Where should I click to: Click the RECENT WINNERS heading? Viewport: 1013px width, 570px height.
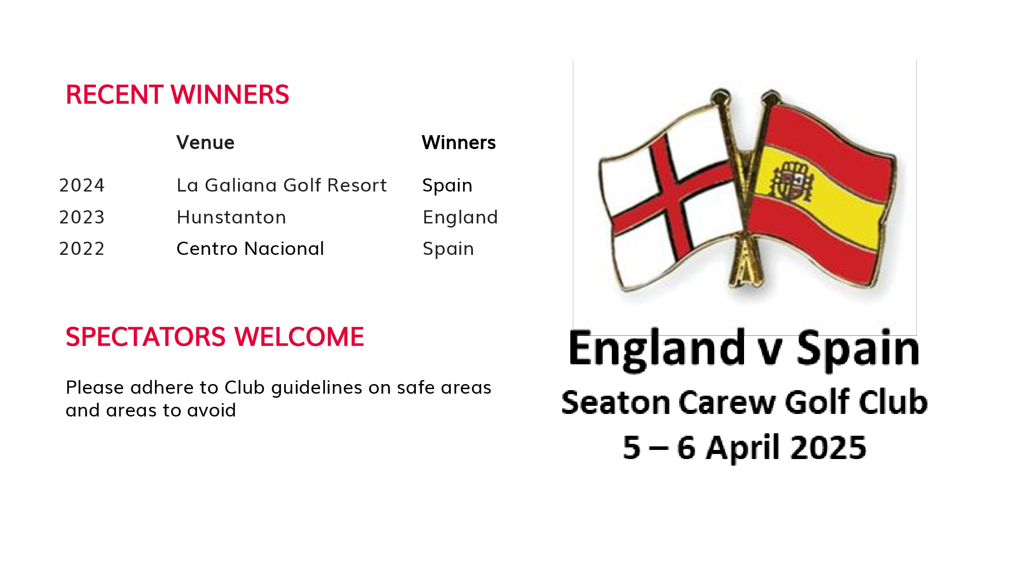177,95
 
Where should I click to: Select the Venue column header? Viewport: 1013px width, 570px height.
205,143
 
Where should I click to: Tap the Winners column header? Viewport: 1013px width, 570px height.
459,143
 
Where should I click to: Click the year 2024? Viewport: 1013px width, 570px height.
82,185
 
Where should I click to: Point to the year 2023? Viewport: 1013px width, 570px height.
82,217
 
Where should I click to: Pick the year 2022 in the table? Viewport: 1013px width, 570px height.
82,249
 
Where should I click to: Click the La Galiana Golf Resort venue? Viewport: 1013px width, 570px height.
282,185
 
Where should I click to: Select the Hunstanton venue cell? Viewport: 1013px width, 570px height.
231,217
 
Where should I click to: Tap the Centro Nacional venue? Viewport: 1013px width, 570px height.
250,249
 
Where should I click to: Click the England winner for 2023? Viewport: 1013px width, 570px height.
460,218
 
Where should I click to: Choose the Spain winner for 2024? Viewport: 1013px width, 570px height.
448,186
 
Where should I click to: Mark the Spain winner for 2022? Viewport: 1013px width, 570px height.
448,249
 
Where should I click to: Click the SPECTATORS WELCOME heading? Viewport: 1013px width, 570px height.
215,337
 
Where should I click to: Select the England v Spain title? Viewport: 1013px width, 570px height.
744,349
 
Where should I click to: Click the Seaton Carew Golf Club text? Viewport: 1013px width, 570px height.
745,402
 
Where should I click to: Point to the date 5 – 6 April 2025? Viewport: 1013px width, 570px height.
745,447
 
